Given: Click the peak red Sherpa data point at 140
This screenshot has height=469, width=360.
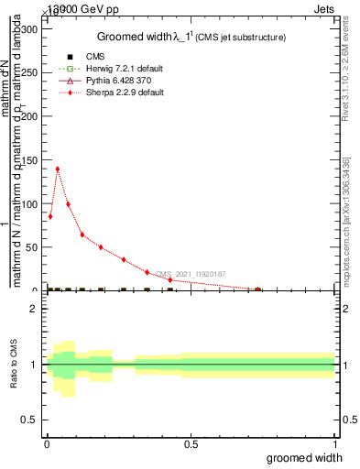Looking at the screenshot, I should [x=58, y=169].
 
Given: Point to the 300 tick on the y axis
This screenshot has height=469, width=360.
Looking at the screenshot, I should [x=31, y=28].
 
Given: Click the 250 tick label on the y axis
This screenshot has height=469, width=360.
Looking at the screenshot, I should [x=31, y=72].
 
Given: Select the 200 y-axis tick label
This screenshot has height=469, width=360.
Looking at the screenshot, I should [x=31, y=116].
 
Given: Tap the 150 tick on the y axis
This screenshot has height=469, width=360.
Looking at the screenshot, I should [x=31, y=159].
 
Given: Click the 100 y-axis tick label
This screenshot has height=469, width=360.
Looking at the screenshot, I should [x=31, y=203].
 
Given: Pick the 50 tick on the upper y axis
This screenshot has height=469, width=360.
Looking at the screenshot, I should [x=34, y=247].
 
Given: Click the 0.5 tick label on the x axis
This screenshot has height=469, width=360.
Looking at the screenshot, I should [x=191, y=444].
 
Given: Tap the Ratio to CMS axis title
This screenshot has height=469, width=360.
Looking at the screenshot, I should [x=13, y=365].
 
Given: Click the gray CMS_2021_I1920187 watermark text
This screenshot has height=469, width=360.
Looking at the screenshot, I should [x=191, y=274].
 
